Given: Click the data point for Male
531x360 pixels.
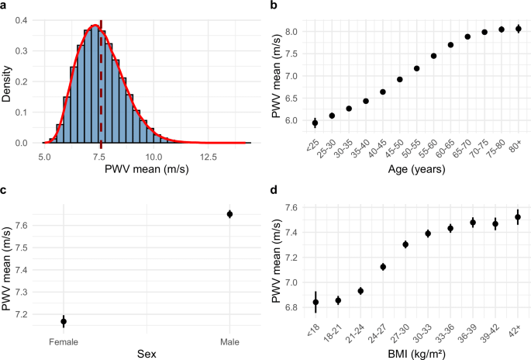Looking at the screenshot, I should (x=229, y=214).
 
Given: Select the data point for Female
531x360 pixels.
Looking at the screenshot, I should (x=64, y=321).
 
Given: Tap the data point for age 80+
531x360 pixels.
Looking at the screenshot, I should (x=518, y=29).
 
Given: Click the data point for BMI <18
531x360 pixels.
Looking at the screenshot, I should (x=315, y=302).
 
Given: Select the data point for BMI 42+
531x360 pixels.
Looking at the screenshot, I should (x=518, y=217).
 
